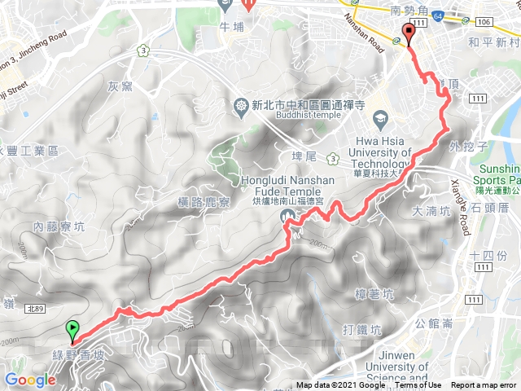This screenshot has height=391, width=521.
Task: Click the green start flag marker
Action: coord(73,331)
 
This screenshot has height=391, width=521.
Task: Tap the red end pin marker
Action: coord(408,34)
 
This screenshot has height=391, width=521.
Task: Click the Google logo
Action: coord(29,380)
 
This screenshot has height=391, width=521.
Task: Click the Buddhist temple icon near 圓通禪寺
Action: coord(241,104)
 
